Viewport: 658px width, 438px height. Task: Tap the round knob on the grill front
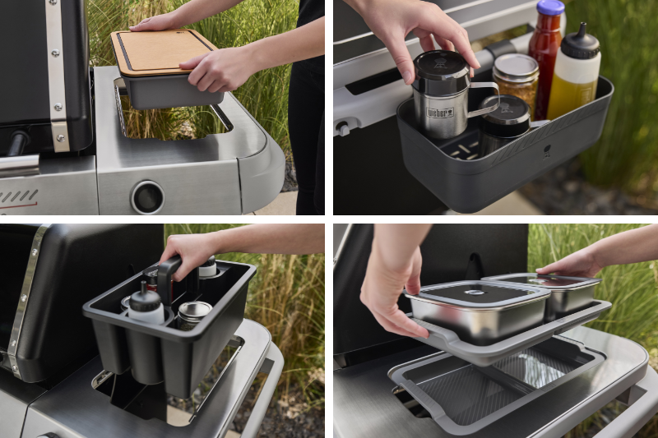[x=148, y=196]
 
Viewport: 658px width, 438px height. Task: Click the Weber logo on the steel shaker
[x=440, y=113]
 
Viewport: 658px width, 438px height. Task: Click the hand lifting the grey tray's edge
[x=392, y=289]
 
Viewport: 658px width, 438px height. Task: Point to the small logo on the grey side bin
[x=547, y=151]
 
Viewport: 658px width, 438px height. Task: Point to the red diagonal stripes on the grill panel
[x=18, y=196]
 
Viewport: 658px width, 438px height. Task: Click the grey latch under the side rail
[x=343, y=127]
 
